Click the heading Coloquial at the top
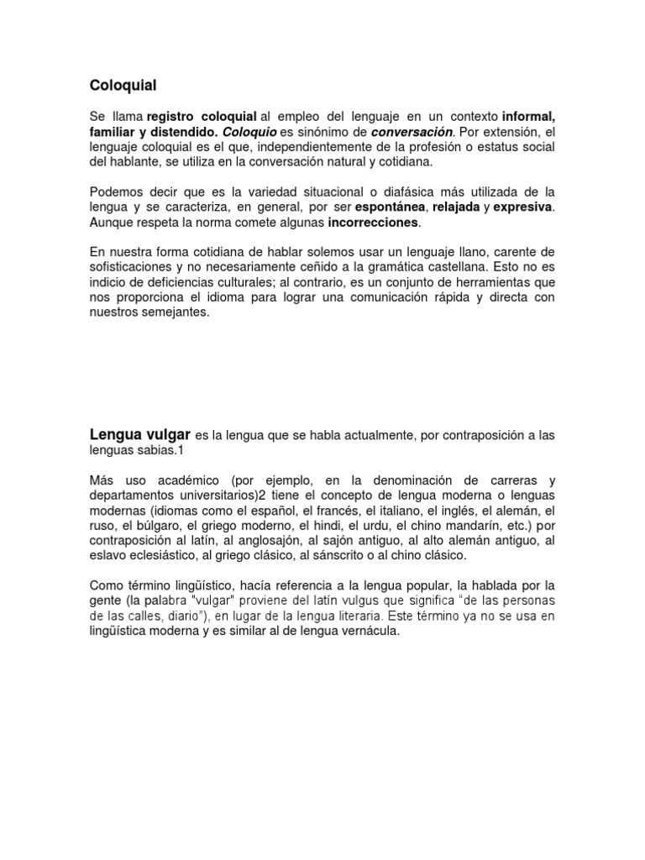[123, 85]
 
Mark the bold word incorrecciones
[372, 223]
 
